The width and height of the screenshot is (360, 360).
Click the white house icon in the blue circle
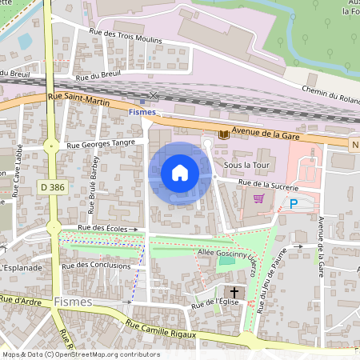pos(180,173)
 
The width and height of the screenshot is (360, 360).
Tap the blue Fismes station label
pos(142,112)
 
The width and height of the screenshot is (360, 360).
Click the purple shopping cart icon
pos(258,198)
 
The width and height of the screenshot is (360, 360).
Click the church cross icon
pos(235,292)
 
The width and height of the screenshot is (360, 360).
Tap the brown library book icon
pos(223,135)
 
